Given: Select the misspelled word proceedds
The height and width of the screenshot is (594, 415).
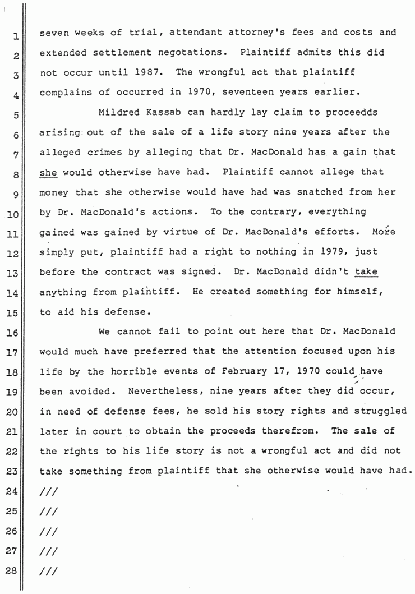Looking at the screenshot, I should [351, 113].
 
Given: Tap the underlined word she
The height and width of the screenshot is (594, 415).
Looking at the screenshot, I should [48, 172].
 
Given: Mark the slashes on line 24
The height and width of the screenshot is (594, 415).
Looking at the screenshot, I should [48, 491].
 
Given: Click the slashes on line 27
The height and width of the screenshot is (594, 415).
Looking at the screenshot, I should [48, 551].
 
